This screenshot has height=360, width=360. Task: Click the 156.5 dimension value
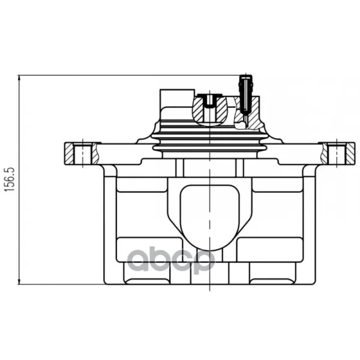[x=10, y=179]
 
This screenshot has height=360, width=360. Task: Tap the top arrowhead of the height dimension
[x=19, y=79]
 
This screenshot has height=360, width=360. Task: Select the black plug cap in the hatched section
[x=209, y=100]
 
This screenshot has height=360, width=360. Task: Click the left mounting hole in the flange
[x=83, y=154]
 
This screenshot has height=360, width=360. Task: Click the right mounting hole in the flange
[x=337, y=154]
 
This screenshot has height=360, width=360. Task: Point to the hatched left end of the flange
[x=69, y=154]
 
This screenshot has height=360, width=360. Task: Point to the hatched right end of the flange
[x=350, y=154]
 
